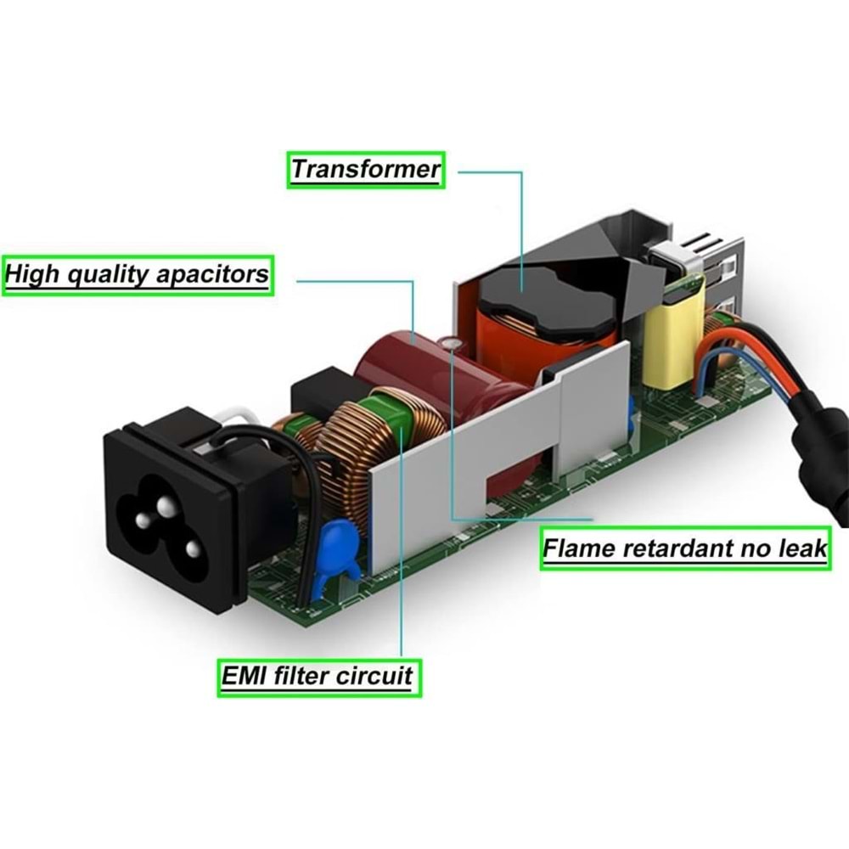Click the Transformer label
point(365,169)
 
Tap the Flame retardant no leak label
point(684,548)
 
